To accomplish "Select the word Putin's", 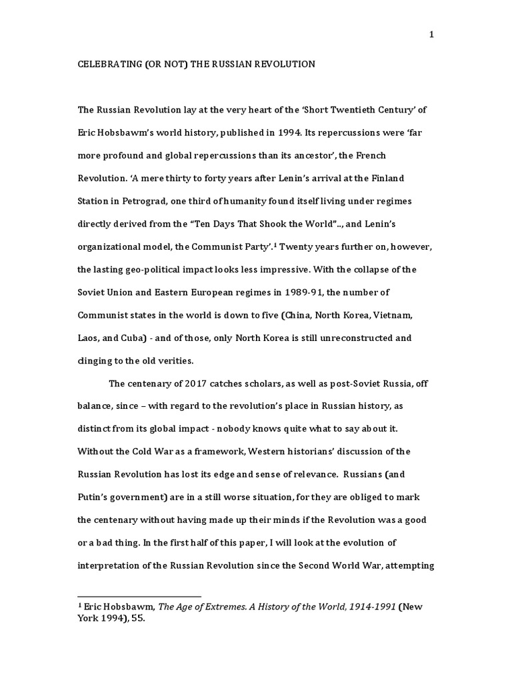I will (x=95, y=497).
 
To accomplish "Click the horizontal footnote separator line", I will (x=139, y=596).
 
